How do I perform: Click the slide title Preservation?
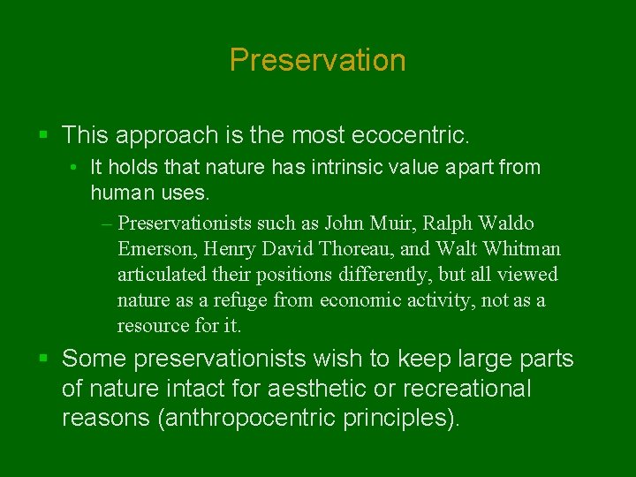point(317,60)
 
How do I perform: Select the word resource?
point(152,325)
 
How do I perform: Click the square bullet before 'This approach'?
point(43,135)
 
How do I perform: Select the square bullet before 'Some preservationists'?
point(43,359)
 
